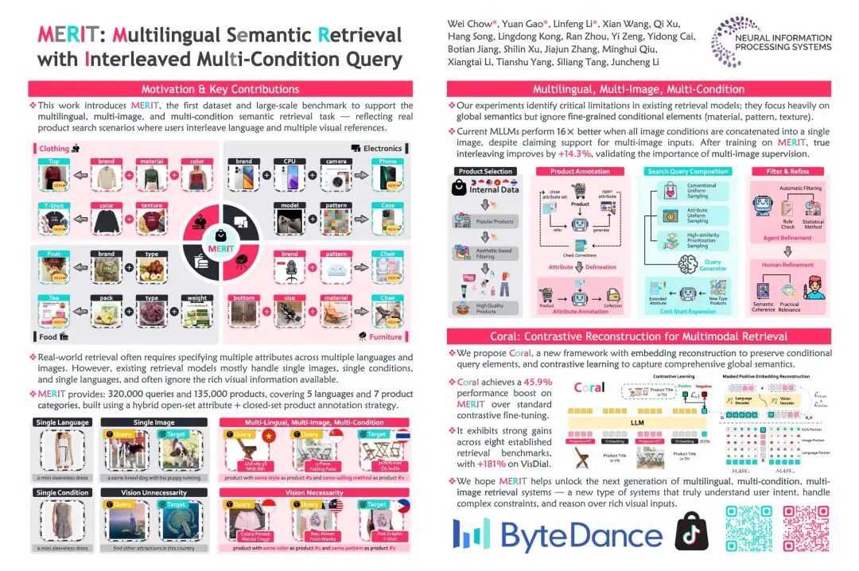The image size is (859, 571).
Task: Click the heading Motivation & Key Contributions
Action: (x=220, y=89)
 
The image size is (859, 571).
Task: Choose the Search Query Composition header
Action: (x=688, y=171)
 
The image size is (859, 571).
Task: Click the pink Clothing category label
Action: (x=55, y=148)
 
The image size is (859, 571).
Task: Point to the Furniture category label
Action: (x=384, y=336)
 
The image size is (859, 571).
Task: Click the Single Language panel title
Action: (x=62, y=422)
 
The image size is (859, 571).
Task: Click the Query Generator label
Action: (x=713, y=265)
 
